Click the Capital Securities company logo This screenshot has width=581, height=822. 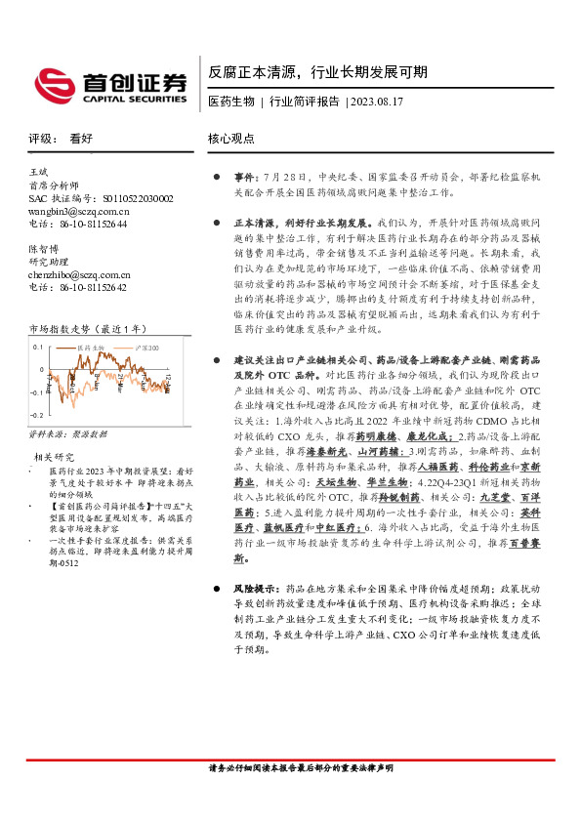[x=108, y=82]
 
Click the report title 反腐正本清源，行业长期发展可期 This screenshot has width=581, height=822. [x=317, y=73]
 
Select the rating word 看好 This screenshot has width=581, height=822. [x=81, y=139]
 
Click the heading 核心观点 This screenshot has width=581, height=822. [x=233, y=139]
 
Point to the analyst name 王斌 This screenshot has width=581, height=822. [x=40, y=172]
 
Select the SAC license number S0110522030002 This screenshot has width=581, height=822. [x=131, y=197]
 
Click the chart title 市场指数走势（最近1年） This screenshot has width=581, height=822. [x=87, y=330]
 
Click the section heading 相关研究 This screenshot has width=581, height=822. [x=55, y=456]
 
